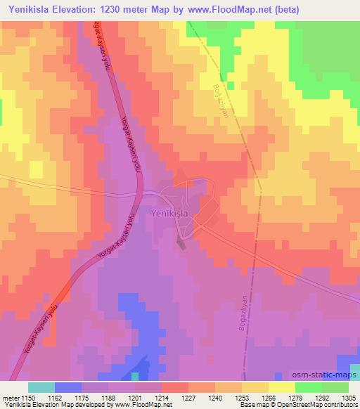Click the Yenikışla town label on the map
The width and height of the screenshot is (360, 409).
pos(169,212)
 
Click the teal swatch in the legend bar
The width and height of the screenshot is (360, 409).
pos(41,387)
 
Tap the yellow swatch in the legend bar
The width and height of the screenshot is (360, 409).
pos(281,387)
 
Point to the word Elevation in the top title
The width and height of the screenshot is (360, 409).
pos(78,10)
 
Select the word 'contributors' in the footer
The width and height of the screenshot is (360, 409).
pos(339,405)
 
